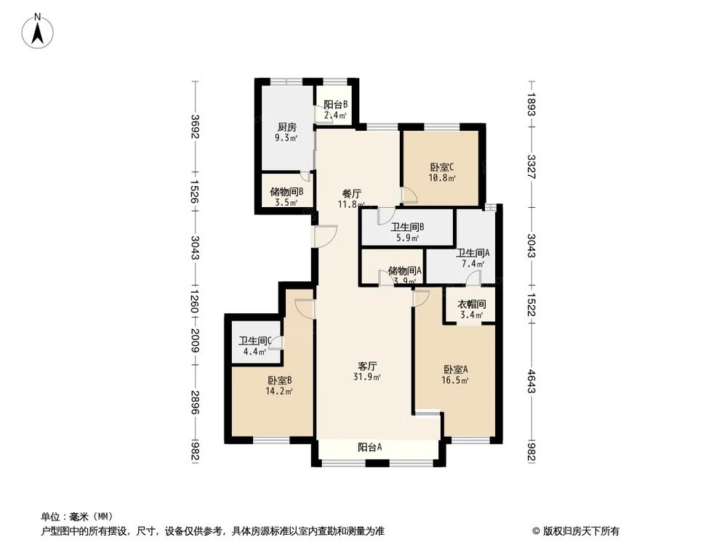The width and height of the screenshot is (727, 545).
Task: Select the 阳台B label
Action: click(x=336, y=104)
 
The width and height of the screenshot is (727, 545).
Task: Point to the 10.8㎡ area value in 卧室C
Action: click(x=441, y=178)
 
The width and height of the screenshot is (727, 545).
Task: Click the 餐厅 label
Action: click(x=353, y=194)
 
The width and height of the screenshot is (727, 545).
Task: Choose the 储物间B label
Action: click(x=286, y=192)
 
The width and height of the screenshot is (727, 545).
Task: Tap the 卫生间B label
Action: click(x=407, y=227)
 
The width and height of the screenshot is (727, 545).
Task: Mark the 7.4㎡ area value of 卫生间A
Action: click(x=469, y=265)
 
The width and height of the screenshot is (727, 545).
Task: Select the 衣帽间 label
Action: click(x=471, y=304)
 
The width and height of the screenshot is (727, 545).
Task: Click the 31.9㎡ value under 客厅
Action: click(x=369, y=377)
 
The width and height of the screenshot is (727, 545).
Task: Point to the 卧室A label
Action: click(x=454, y=368)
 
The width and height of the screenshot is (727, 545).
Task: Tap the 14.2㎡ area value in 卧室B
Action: click(x=280, y=391)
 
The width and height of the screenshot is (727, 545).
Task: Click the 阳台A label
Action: click(x=371, y=448)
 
